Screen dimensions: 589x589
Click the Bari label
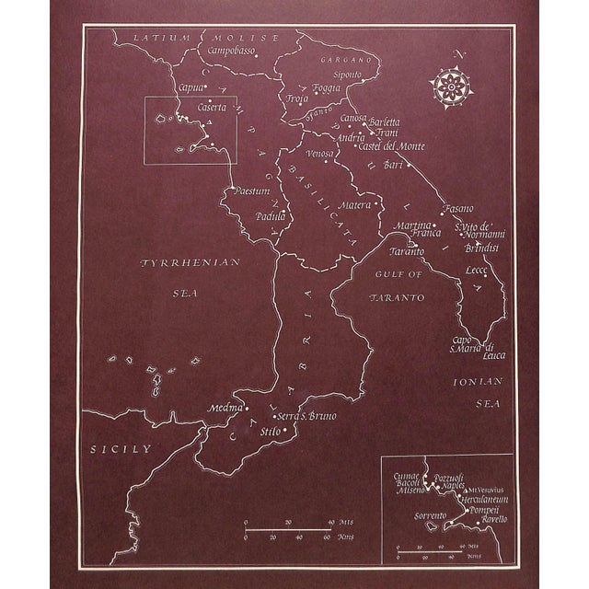tap(394, 166)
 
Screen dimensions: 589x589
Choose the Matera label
tap(355, 204)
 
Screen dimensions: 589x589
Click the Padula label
tap(271, 216)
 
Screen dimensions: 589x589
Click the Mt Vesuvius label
tap(487, 490)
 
